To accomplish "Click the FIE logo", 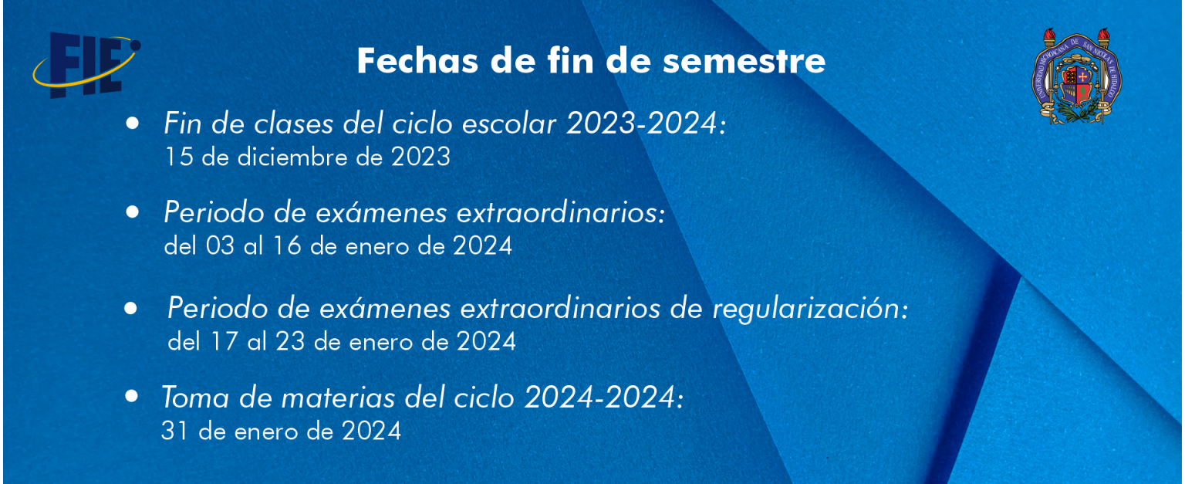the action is point(86,65).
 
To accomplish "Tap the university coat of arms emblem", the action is point(1076,76).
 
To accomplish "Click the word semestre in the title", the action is point(744,61).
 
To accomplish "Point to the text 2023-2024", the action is point(642,123).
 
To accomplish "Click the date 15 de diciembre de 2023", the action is point(307,157).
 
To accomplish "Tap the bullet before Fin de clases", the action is point(132,123).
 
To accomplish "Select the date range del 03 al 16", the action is point(233,246).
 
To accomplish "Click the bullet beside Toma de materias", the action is point(132,395).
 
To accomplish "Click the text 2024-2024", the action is point(600,397).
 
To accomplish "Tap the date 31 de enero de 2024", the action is point(281,431).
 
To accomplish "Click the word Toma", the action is point(195,397).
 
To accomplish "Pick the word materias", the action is point(338,397).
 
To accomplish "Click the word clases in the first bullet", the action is point(294,124).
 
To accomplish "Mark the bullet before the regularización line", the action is point(130,308).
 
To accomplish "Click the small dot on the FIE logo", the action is point(135,46).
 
